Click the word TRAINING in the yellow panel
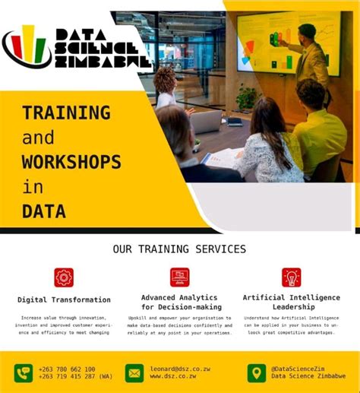coord(66,113)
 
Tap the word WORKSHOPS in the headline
coord(71,162)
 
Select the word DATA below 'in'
coord(43,211)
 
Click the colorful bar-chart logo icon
coord(27,47)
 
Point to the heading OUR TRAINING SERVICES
coord(179,249)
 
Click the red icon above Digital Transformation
coord(64,277)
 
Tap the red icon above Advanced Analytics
coord(180,277)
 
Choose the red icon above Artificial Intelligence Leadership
coord(291,277)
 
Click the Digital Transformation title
coord(64,300)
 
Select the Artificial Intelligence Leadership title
coord(291,302)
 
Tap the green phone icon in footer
coord(24,372)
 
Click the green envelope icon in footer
coord(134,372)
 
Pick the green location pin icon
coord(257,372)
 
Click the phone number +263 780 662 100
coord(67,369)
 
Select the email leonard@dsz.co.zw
coord(180,369)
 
